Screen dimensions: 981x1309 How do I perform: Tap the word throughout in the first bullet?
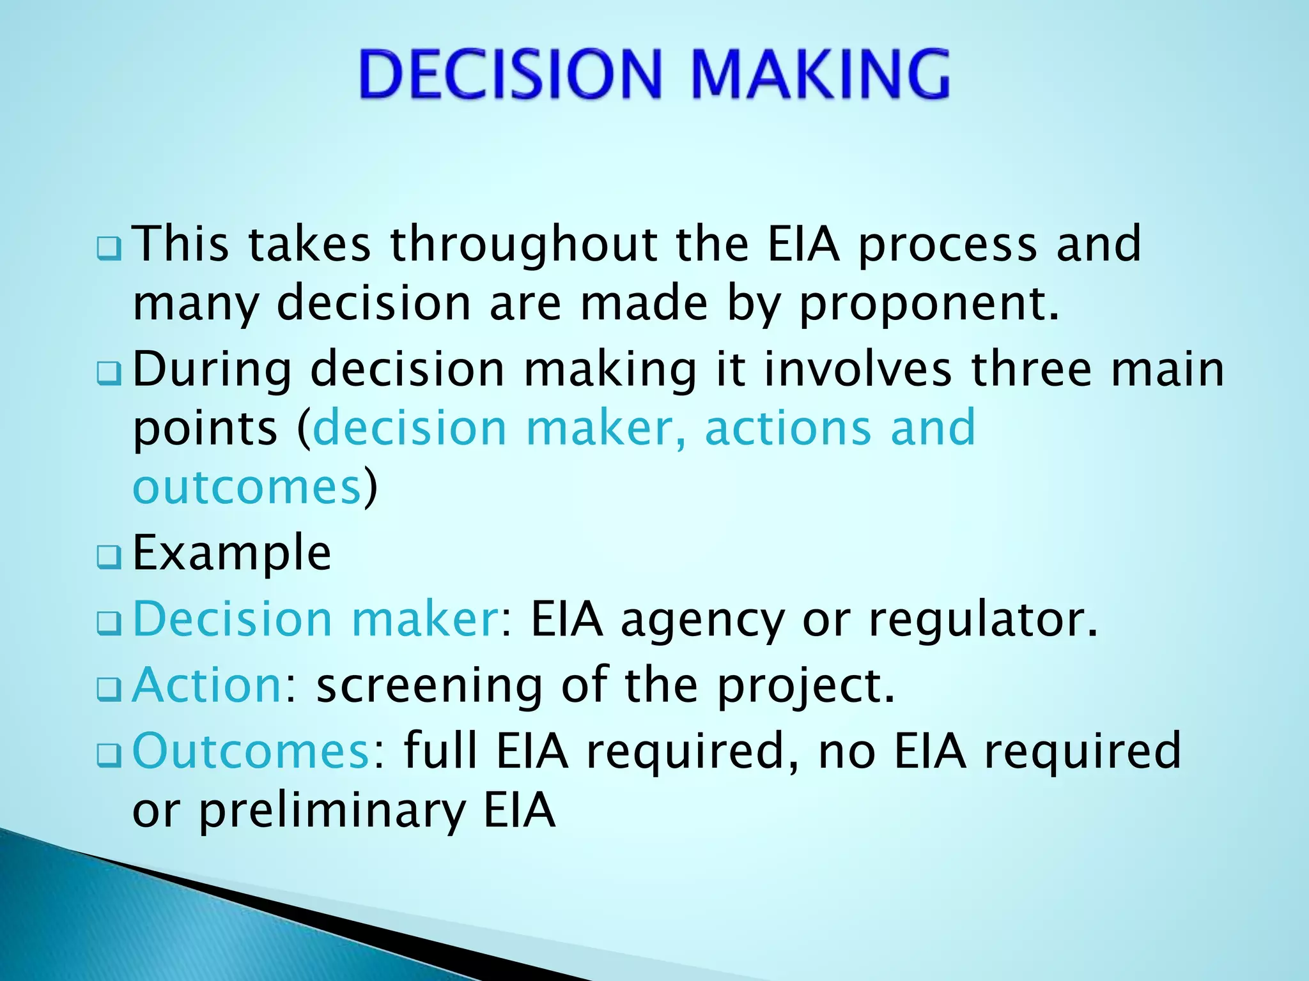[x=524, y=245]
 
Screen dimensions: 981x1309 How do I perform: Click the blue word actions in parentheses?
[x=787, y=428]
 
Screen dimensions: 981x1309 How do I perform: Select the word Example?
[x=231, y=553]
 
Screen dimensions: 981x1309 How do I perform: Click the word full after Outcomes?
[x=441, y=751]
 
